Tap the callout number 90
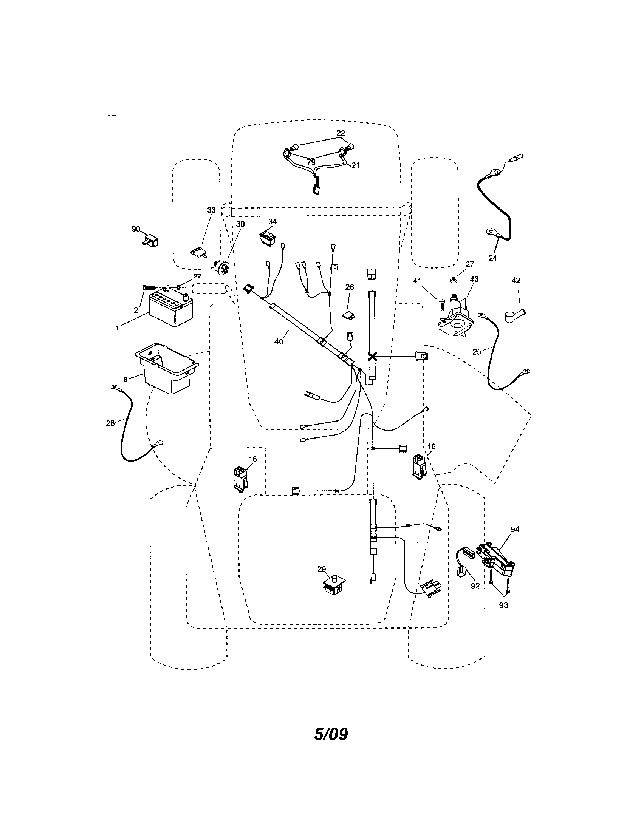(x=136, y=229)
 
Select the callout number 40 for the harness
(x=279, y=342)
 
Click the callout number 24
(x=492, y=258)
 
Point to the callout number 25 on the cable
(x=477, y=352)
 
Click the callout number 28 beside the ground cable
(x=110, y=423)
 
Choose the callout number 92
(x=475, y=586)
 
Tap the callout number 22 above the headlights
(x=341, y=133)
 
